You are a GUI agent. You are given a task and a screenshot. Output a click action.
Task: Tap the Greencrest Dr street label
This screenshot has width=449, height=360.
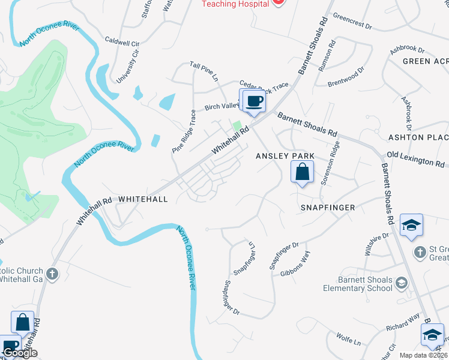click(x=352, y=17)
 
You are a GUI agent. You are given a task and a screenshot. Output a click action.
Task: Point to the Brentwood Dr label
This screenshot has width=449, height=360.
click(x=346, y=77)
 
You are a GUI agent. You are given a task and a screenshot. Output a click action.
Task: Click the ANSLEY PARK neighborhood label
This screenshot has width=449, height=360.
click(x=285, y=156)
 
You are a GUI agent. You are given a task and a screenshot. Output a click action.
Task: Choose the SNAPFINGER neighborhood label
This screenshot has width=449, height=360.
click(x=328, y=208)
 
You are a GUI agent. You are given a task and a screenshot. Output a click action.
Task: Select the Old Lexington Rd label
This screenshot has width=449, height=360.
click(x=416, y=160)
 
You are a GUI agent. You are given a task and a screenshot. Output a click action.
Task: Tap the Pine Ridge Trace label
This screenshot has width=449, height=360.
click(x=183, y=131)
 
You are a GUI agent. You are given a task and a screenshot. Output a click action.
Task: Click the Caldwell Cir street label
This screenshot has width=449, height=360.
click(x=122, y=44)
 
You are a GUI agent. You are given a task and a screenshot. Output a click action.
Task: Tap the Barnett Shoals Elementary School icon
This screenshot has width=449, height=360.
click(x=402, y=283)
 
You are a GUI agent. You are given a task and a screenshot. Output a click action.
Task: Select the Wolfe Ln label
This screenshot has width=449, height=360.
click(x=349, y=340)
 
